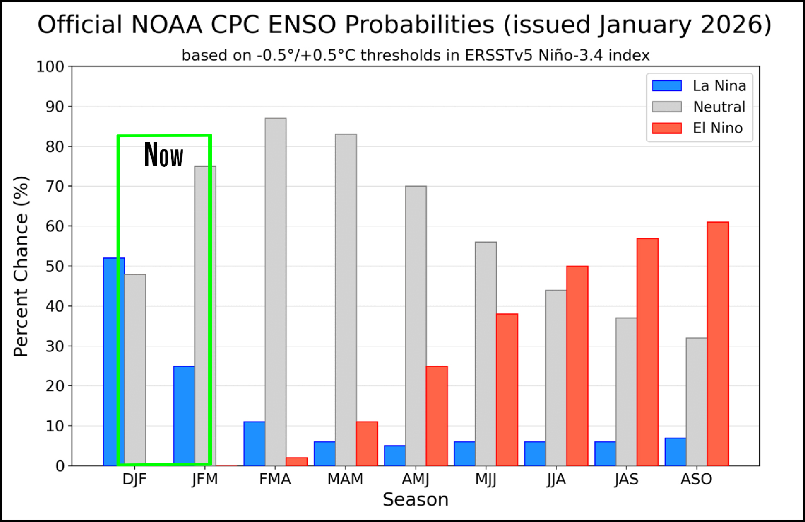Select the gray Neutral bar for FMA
coord(275,292)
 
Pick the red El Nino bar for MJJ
coord(507,389)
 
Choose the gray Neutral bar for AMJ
coord(416,326)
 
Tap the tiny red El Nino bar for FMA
coord(297,461)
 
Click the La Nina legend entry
coord(719,86)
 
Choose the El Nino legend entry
coord(717,128)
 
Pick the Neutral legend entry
coord(719,107)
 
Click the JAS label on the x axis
coord(626,479)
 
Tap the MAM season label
coord(345,479)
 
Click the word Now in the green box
coord(163,155)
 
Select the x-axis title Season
coord(415,500)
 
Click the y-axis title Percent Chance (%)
coord(21,266)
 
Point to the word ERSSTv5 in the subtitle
coord(499,55)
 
